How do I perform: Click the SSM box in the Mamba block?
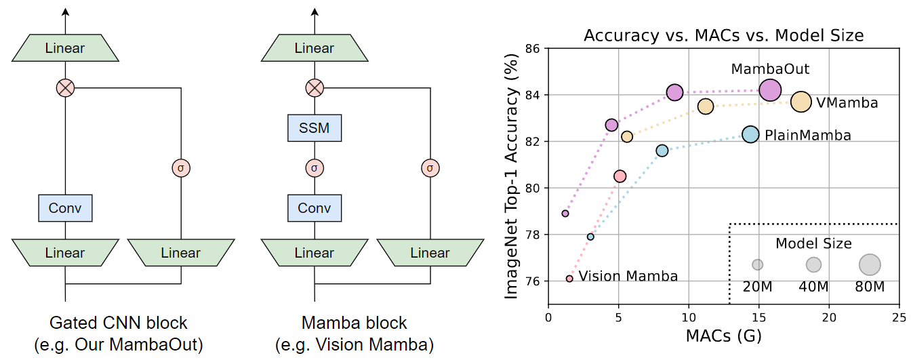(315, 128)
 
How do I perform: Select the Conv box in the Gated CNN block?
(65, 208)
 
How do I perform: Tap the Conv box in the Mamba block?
(315, 208)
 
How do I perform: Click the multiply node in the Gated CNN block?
(65, 87)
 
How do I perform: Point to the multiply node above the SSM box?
(315, 87)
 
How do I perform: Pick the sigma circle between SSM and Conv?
(315, 167)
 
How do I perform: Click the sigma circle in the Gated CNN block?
(181, 167)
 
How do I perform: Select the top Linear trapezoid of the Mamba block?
(315, 48)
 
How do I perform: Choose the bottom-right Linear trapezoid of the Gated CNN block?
(181, 253)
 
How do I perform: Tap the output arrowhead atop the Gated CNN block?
(65, 12)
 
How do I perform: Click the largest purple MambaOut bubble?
(770, 89)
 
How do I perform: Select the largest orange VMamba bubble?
(801, 102)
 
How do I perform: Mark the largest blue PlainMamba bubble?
(750, 134)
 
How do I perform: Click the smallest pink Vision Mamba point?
(569, 279)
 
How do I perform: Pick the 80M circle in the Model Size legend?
(870, 264)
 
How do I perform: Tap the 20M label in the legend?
(757, 286)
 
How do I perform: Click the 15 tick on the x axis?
(758, 315)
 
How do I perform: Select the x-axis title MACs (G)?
(723, 336)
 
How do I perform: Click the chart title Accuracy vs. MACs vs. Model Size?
(724, 35)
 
